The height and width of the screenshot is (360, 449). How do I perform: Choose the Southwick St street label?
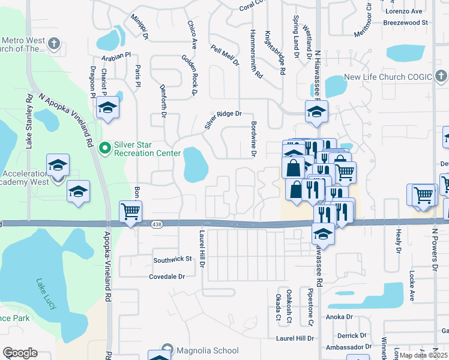172,260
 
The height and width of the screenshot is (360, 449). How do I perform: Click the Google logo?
20,353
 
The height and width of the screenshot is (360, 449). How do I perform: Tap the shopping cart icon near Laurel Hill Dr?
130,211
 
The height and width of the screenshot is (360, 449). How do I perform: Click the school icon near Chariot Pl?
108,107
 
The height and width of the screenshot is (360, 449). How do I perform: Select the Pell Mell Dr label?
224,55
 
